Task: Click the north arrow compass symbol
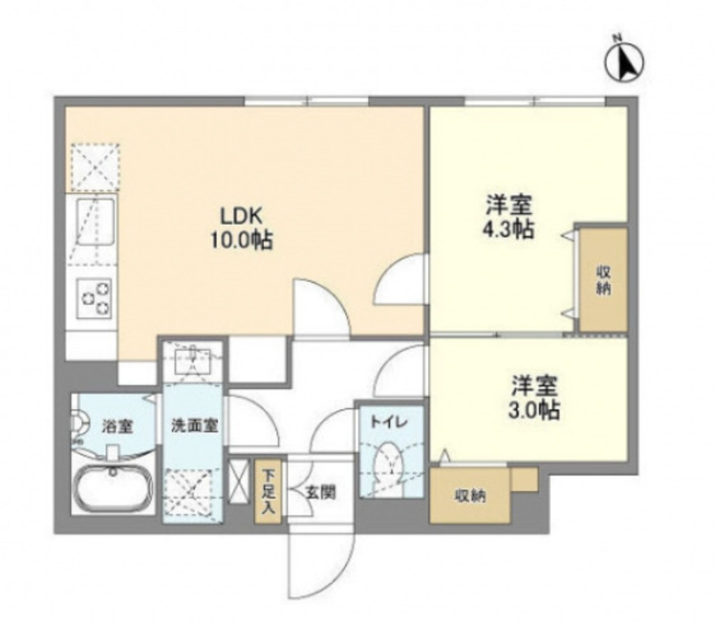pyautogui.click(x=624, y=61)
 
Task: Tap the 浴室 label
pyautogui.click(x=118, y=426)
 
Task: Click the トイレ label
pyautogui.click(x=384, y=422)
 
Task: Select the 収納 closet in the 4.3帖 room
pyautogui.click(x=603, y=279)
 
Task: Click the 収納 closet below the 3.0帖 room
pyautogui.click(x=471, y=496)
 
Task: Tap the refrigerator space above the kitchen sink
pyautogui.click(x=94, y=167)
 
